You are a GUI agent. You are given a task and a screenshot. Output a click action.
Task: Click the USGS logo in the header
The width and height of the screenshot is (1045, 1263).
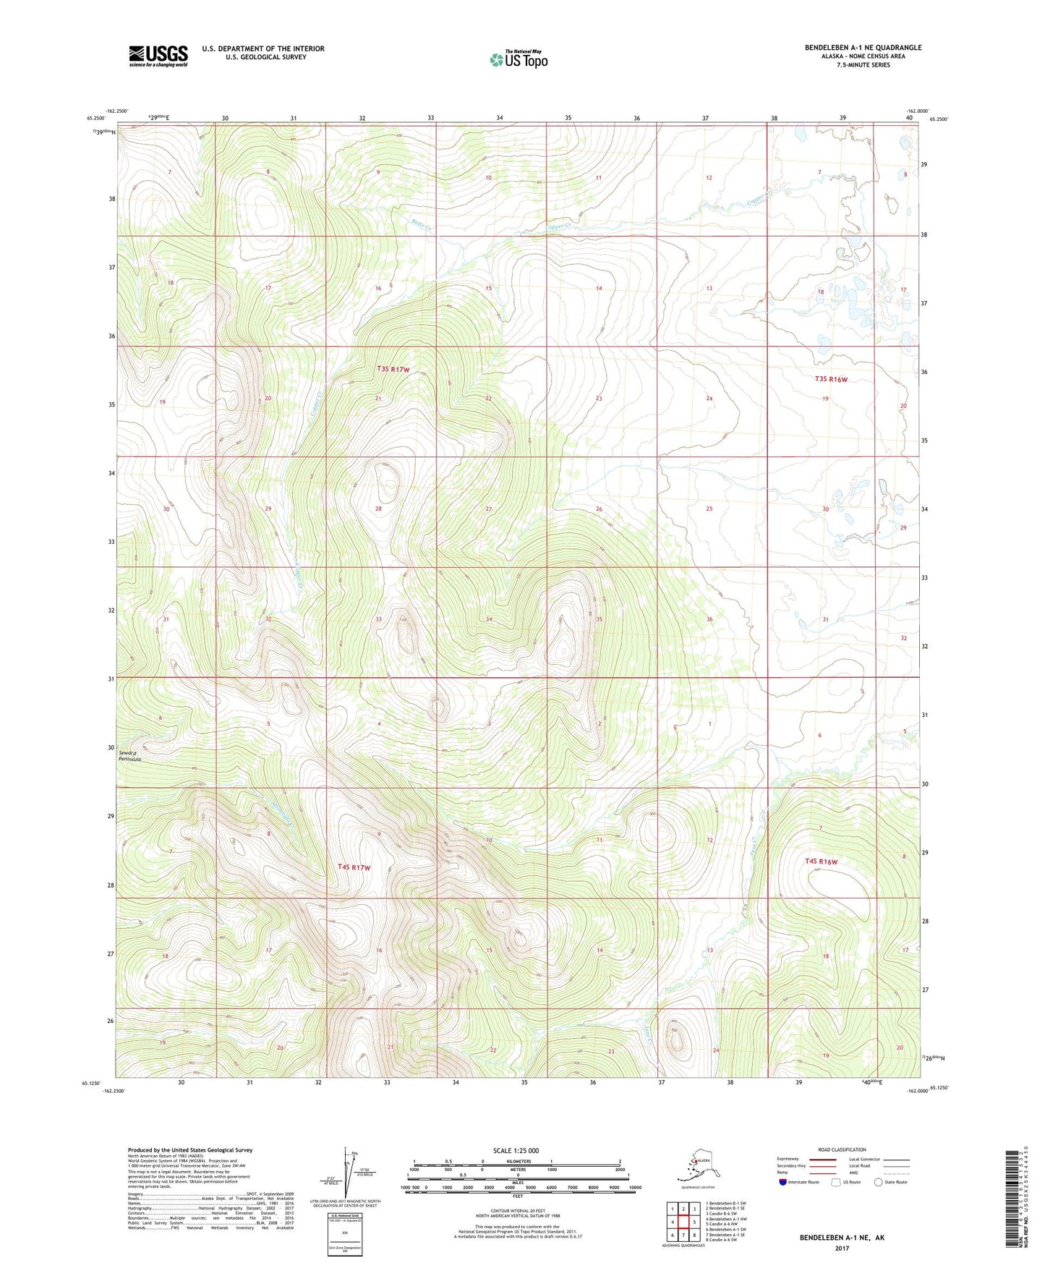158,55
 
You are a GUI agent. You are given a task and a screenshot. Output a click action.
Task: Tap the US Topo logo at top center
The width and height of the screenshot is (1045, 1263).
519,59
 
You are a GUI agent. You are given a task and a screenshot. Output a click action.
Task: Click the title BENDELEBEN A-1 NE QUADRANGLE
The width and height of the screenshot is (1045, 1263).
863,48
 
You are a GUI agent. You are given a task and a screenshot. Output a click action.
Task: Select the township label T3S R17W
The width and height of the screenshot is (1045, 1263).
393,370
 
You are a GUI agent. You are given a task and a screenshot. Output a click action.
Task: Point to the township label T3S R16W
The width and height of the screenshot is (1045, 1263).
830,379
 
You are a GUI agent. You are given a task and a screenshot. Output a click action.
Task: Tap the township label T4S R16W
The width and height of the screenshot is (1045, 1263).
821,862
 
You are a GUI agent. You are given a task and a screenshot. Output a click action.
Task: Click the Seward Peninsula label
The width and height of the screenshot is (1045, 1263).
130,756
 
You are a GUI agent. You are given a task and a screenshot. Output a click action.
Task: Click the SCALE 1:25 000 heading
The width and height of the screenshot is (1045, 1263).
516,1150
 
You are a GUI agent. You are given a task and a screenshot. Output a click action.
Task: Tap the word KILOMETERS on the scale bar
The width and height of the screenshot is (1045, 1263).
516,1161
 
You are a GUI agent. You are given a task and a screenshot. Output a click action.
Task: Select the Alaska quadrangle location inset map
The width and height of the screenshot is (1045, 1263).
696,1165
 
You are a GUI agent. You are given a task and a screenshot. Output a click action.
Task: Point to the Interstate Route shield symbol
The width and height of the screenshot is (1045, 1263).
783,1182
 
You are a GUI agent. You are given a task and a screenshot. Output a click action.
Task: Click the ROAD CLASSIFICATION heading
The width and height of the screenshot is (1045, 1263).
842,1149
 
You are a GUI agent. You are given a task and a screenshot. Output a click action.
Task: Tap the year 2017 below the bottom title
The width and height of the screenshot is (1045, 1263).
842,1248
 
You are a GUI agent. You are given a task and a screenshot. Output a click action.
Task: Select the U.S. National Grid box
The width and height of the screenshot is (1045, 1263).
344,1233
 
